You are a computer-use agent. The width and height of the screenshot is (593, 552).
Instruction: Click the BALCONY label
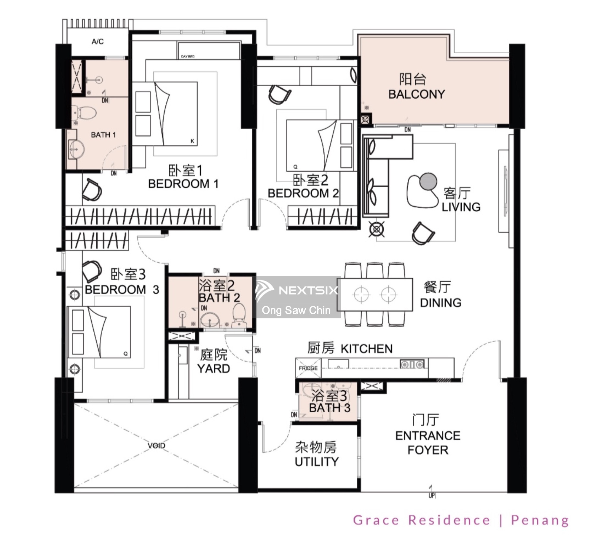[x=417, y=94]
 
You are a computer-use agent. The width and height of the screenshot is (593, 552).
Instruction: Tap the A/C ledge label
[x=98, y=42]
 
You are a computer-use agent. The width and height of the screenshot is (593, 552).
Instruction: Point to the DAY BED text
[x=188, y=56]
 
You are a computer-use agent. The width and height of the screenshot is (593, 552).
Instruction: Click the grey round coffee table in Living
[x=428, y=181]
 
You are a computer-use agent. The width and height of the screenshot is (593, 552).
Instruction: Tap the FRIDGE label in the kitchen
[x=308, y=368]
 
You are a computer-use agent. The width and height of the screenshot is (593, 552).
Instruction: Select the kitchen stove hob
[x=412, y=364]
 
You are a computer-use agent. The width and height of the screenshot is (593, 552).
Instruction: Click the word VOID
[x=156, y=446]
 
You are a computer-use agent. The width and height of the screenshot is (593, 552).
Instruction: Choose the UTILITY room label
[x=317, y=462]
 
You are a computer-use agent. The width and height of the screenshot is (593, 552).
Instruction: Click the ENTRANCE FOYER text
[x=428, y=443]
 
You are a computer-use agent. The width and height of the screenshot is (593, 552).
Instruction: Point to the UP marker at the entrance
[x=431, y=495]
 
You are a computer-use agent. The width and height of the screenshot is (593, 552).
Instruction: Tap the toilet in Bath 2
[x=239, y=315]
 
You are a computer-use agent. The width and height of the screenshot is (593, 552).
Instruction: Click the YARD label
[x=213, y=368]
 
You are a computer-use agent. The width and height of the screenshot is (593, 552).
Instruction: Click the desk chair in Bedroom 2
[x=279, y=94]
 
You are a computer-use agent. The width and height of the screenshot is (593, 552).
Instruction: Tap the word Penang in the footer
[x=540, y=520]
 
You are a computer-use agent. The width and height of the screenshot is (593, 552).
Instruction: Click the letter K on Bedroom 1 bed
[x=192, y=141]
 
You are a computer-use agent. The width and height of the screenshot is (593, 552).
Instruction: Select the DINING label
[x=441, y=303]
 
